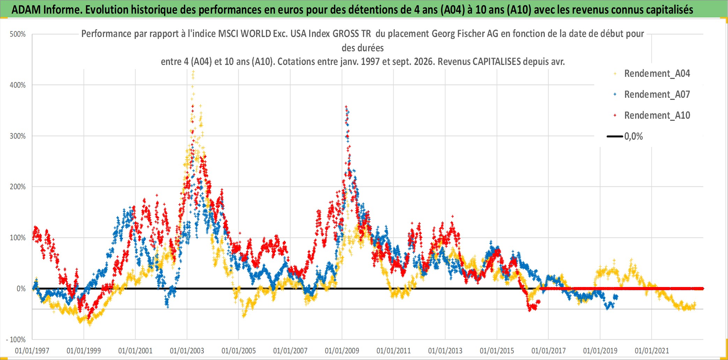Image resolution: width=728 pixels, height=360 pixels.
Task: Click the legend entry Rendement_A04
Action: point(652,73)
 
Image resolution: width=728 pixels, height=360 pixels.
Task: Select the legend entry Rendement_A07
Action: point(652,94)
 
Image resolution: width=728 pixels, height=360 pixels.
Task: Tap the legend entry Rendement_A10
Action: point(652,115)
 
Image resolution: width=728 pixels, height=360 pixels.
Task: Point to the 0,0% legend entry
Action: point(625,136)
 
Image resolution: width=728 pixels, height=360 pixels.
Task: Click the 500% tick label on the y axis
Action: point(18,34)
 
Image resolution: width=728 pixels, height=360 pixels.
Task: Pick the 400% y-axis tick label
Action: point(18,85)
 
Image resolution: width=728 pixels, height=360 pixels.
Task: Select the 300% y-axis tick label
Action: point(18,136)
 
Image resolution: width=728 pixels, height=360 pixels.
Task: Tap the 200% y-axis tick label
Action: point(18,187)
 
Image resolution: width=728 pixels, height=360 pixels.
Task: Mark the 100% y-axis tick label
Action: point(18,238)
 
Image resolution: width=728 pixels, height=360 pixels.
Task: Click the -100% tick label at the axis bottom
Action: point(16,339)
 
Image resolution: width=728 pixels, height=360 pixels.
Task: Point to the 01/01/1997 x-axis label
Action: point(32,351)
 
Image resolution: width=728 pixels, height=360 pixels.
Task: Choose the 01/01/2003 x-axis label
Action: point(187,351)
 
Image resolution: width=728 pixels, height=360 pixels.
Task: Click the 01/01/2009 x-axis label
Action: point(342,351)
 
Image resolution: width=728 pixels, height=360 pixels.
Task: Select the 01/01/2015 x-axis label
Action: point(497,351)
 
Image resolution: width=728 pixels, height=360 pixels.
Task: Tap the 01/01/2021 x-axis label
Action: point(652,351)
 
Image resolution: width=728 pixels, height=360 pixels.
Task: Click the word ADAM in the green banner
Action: point(26,10)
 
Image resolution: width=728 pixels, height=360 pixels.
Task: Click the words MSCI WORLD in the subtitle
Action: point(244,34)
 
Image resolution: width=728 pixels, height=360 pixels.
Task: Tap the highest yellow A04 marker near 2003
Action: point(193,71)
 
